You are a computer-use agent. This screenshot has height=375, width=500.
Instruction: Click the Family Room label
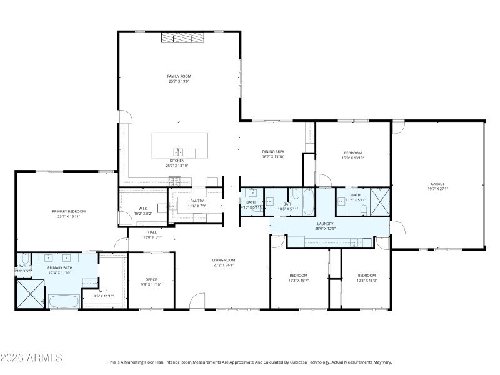(x=178, y=76)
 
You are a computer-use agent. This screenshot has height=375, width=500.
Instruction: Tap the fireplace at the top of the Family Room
(x=182, y=38)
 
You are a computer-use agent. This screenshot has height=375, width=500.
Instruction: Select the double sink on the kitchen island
(x=178, y=152)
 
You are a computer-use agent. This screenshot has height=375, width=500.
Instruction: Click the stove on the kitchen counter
(x=174, y=181)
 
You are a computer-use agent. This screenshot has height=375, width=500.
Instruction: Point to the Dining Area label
(x=273, y=151)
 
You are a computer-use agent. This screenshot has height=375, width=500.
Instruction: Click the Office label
(x=151, y=279)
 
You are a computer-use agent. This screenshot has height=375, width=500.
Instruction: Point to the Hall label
(x=152, y=232)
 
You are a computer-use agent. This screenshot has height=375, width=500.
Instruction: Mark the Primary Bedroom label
(x=68, y=212)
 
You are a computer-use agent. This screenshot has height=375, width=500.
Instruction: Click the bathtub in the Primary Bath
(x=64, y=302)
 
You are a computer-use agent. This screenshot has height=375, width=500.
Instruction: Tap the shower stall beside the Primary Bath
(x=29, y=294)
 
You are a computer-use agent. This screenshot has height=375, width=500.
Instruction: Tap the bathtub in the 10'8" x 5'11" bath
(x=307, y=201)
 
